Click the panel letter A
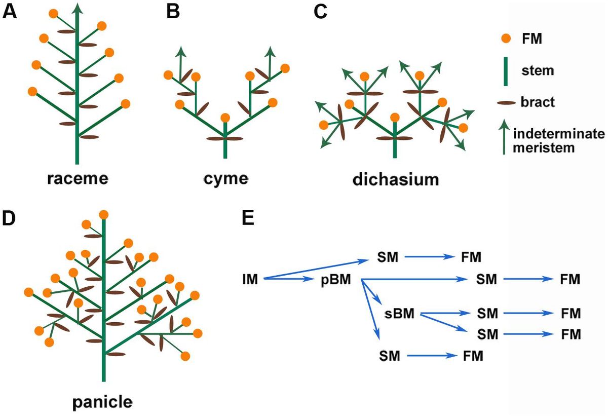tap(10, 12)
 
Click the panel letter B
tap(173, 12)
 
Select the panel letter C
tap(320, 12)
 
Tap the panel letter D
tap(10, 218)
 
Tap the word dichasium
tap(395, 179)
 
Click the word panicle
tap(102, 402)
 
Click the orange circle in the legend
tap(505, 39)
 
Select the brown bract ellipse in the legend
tap(505, 102)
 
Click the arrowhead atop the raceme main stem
tap(77, 8)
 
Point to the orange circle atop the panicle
tap(103, 215)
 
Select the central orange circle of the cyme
tap(225, 118)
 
